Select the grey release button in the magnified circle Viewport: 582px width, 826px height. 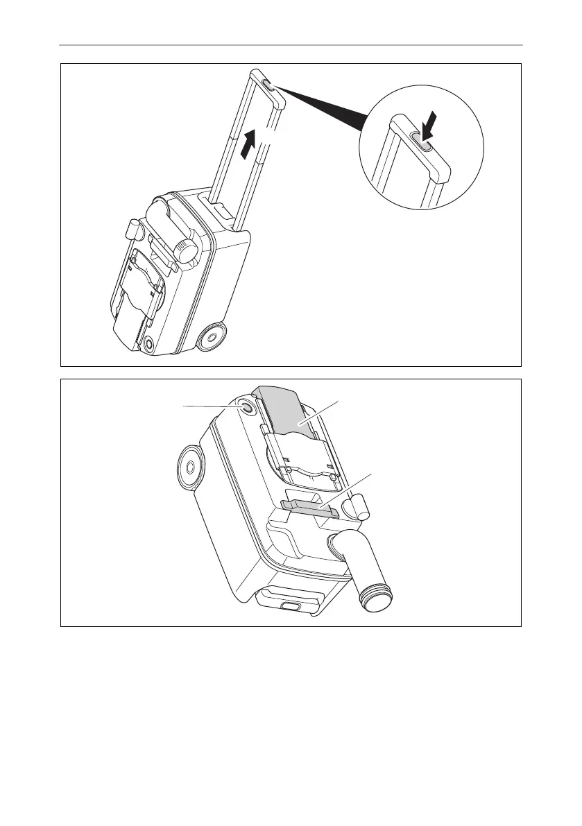click(x=422, y=141)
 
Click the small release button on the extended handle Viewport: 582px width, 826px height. click(x=268, y=86)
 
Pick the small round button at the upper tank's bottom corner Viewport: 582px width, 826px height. click(x=146, y=341)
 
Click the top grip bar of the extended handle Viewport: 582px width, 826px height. click(x=268, y=89)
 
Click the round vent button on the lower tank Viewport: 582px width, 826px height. click(x=245, y=408)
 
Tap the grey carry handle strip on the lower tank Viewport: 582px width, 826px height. click(x=310, y=510)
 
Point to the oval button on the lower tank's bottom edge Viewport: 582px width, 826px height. click(x=289, y=605)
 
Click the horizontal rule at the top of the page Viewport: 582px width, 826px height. click(x=291, y=46)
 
